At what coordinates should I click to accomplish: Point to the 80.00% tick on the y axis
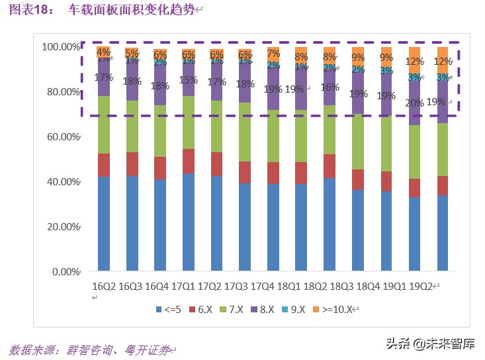click(61, 92)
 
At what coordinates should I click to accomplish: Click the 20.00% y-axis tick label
click(61, 226)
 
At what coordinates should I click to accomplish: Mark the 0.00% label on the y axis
click(64, 271)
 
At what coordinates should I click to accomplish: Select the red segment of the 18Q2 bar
click(330, 166)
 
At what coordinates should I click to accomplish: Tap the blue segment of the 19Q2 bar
click(443, 233)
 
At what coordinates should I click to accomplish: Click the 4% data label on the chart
click(103, 51)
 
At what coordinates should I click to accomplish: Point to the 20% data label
click(414, 103)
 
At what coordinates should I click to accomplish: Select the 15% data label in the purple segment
click(189, 80)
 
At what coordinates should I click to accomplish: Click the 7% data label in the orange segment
click(273, 53)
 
